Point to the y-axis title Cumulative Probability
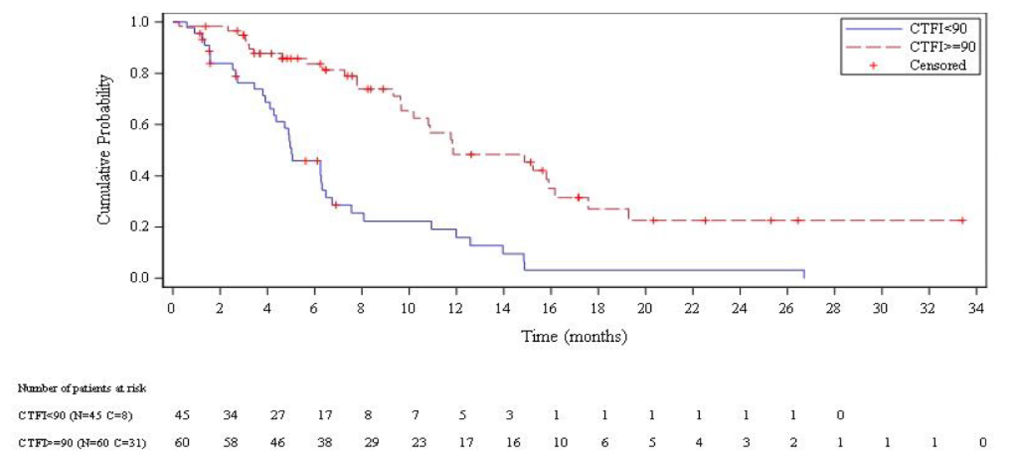click(x=104, y=149)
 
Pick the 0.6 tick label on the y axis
click(x=144, y=124)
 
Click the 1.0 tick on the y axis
click(x=144, y=22)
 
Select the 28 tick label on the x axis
click(x=834, y=309)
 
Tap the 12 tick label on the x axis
click(x=456, y=309)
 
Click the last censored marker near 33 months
click(x=962, y=220)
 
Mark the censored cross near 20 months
click(x=653, y=220)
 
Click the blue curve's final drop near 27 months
click(x=804, y=274)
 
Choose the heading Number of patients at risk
click(x=82, y=388)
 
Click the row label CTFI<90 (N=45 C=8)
click(x=74, y=415)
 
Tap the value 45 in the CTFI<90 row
click(x=182, y=415)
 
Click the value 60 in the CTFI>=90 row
click(x=182, y=442)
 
